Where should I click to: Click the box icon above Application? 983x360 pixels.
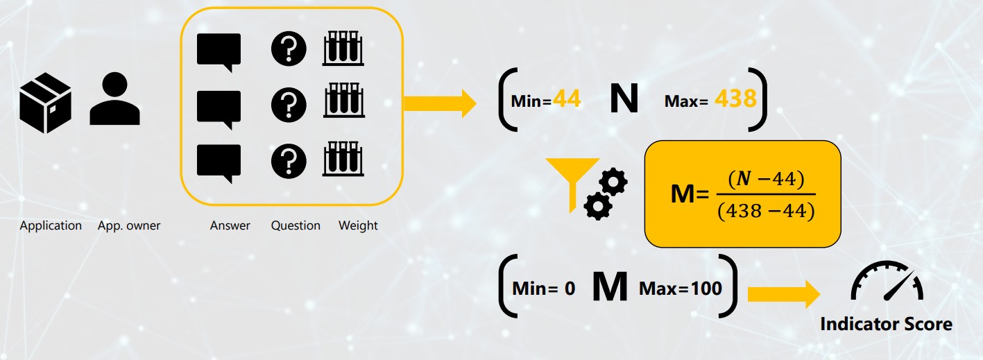tap(46, 103)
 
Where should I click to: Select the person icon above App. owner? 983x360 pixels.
tap(114, 101)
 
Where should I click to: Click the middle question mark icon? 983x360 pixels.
tap(289, 105)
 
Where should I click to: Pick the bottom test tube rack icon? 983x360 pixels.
tap(343, 159)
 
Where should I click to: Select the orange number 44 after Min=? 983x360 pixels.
tap(567, 101)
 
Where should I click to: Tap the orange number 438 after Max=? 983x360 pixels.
tap(735, 100)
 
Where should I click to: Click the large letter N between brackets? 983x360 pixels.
tap(624, 100)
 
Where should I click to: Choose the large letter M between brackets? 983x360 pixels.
tap(610, 287)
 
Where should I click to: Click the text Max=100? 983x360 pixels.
tap(681, 288)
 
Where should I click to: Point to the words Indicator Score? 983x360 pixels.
tap(886, 324)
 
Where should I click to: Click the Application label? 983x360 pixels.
tap(51, 225)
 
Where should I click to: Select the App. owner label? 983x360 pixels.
tap(129, 225)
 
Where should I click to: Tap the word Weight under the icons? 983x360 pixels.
tap(358, 225)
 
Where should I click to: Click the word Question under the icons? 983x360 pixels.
tap(296, 225)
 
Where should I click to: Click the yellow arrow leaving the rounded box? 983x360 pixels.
tap(439, 103)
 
